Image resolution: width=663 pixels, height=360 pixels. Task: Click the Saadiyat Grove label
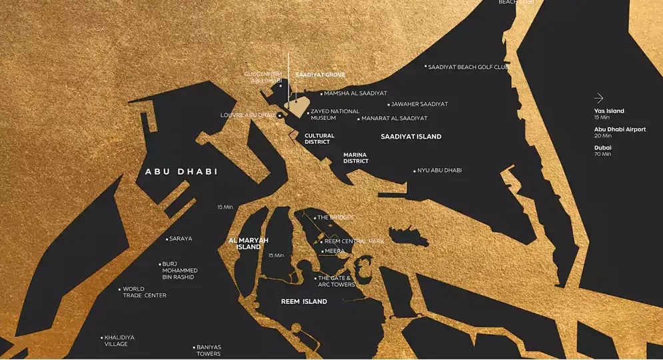click(320, 75)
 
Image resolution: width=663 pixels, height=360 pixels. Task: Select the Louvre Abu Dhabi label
click(248, 115)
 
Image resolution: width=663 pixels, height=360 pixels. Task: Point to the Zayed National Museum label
click(334, 115)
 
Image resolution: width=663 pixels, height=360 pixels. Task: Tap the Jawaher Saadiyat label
click(419, 105)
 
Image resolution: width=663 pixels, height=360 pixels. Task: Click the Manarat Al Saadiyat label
click(394, 119)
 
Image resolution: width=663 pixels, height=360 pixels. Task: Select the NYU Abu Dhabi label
click(439, 171)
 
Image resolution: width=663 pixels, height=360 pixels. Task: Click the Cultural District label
click(319, 139)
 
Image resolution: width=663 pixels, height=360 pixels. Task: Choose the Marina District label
click(356, 158)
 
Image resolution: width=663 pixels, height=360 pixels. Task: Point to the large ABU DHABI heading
click(181, 172)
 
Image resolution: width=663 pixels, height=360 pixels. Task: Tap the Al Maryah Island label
click(244, 243)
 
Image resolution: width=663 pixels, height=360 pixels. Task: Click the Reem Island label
click(304, 302)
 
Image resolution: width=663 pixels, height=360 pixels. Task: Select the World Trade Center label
click(144, 293)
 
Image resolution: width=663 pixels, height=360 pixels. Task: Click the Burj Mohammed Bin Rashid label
click(180, 270)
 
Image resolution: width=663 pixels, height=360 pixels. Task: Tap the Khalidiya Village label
click(120, 341)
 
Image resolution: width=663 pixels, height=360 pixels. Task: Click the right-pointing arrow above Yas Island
click(599, 98)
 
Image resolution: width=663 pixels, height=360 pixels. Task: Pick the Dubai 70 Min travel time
click(602, 151)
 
